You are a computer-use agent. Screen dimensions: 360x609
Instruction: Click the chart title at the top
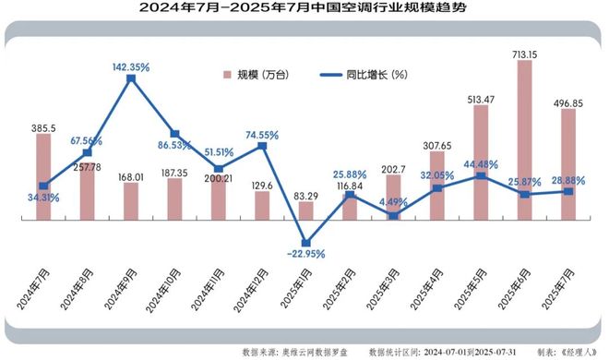pyautogui.click(x=304, y=9)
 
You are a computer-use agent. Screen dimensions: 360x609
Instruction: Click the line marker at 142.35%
pyautogui.click(x=131, y=79)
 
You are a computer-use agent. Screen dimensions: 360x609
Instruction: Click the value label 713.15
pyautogui.click(x=525, y=53)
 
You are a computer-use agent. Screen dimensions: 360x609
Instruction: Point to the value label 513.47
pyautogui.click(x=482, y=98)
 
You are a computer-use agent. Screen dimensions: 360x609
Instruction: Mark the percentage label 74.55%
pyautogui.click(x=263, y=133)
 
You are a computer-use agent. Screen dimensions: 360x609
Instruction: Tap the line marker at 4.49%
pyautogui.click(x=394, y=216)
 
